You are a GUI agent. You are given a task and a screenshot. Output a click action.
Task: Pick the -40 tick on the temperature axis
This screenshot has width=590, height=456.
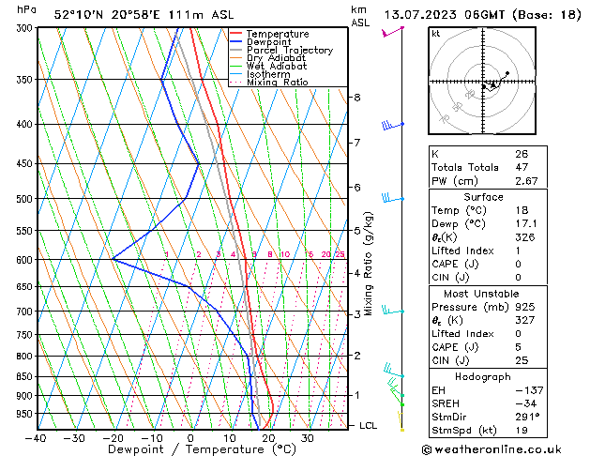[x=36, y=438]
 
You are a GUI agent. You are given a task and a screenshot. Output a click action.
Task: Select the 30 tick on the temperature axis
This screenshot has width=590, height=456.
[x=307, y=438]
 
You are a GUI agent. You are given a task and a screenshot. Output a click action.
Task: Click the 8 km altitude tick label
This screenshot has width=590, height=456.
[x=357, y=98]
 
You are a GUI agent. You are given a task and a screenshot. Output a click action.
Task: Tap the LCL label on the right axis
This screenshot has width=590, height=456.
[x=370, y=426]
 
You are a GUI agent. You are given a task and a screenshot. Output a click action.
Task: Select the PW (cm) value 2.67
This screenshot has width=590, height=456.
[x=526, y=181]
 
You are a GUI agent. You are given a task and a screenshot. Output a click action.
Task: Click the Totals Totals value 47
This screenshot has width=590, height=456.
[x=521, y=167]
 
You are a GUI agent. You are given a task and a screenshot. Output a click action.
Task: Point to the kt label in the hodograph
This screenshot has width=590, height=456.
[x=436, y=33]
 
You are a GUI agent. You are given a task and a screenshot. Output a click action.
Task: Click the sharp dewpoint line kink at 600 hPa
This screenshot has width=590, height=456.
[x=113, y=259]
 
